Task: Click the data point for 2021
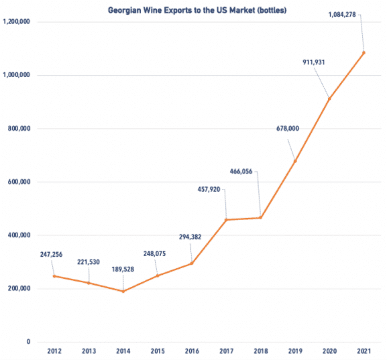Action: (364, 52)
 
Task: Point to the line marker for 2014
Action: (123, 291)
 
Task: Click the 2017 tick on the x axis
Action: (226, 350)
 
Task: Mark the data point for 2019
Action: (294, 161)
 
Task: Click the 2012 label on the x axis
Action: (54, 350)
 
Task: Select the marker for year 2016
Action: (192, 263)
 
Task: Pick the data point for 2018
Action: (260, 218)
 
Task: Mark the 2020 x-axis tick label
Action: (329, 350)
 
